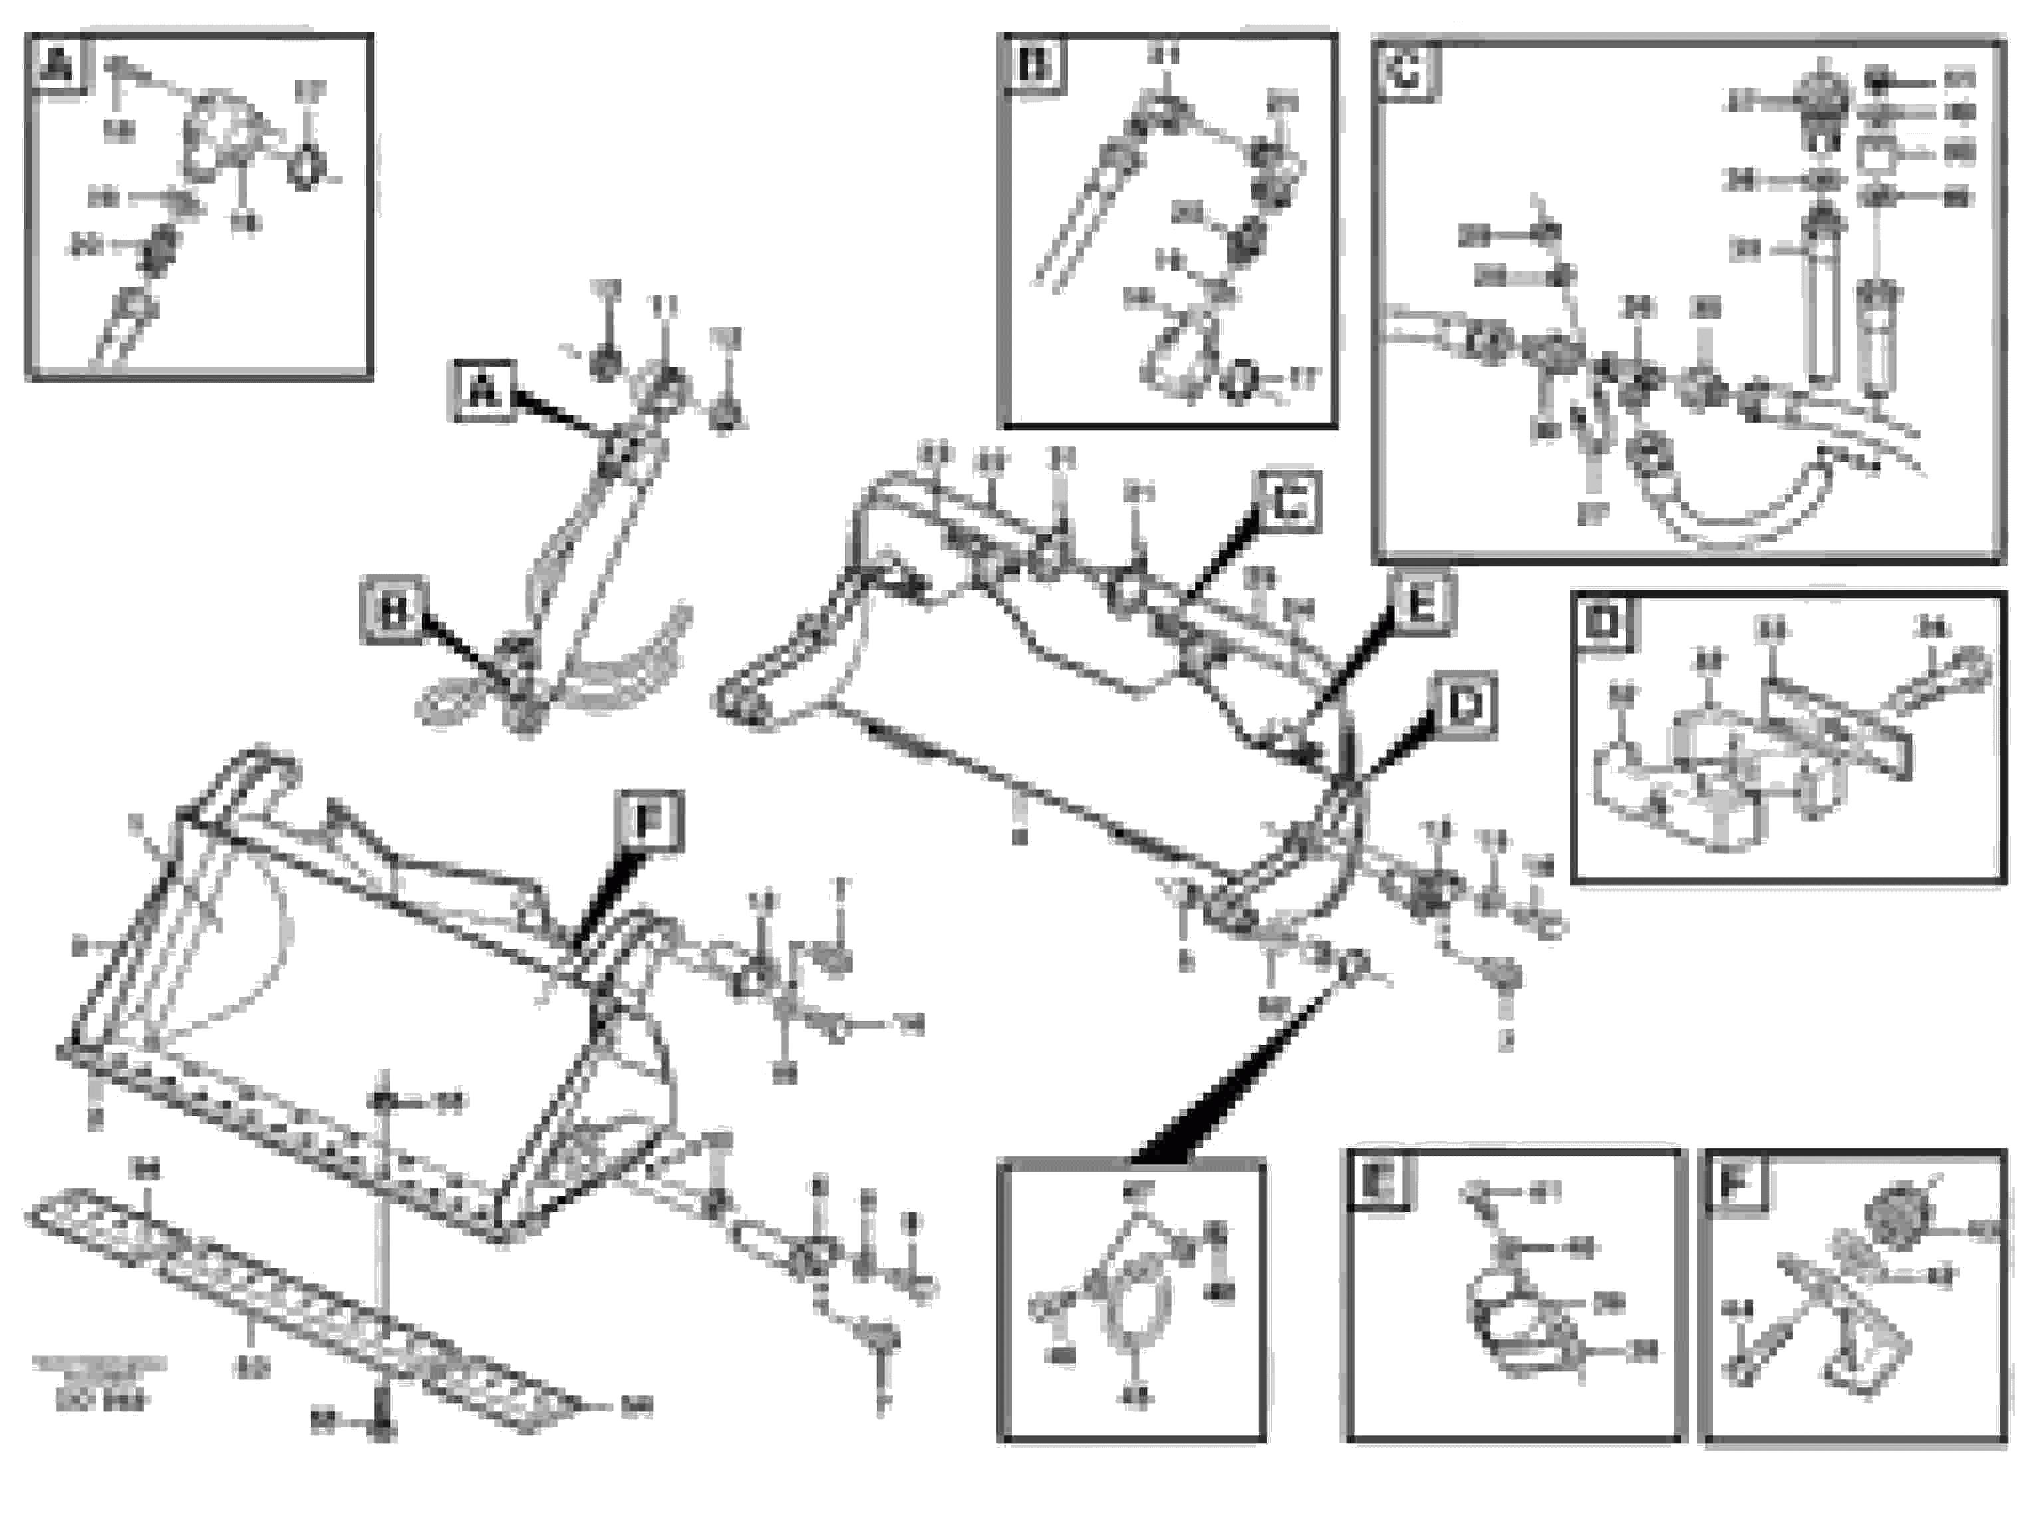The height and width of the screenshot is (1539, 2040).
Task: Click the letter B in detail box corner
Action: tap(1033, 65)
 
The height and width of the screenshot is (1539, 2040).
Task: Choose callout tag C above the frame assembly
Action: tap(1288, 503)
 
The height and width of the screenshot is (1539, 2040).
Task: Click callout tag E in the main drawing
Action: tap(1421, 604)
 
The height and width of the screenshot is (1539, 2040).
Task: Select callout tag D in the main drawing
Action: tap(1463, 707)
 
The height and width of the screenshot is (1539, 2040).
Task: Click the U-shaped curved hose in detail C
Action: tap(1734, 498)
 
